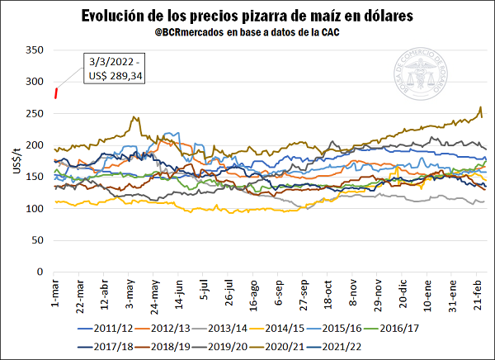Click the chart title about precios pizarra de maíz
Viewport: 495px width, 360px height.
click(247, 16)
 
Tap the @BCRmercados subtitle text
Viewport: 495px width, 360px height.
click(247, 32)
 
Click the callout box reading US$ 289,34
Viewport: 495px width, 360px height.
click(114, 68)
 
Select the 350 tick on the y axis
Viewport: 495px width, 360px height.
click(33, 50)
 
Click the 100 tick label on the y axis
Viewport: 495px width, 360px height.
click(33, 208)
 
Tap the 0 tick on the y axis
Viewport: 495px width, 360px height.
click(39, 272)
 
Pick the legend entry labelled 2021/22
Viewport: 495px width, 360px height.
click(340, 346)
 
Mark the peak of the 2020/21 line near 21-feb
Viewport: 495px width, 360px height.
click(480, 108)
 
